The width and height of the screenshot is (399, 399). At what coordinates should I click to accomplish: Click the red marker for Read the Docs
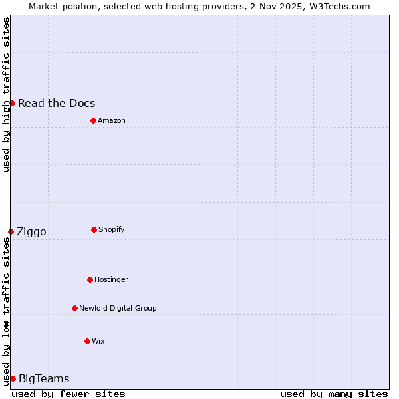pyautogui.click(x=12, y=103)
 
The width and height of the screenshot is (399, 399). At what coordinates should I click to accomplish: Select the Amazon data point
pyautogui.click(x=93, y=120)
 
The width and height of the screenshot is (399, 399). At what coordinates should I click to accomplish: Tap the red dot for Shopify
pyautogui.click(x=94, y=229)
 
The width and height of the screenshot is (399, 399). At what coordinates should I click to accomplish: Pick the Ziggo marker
pyautogui.click(x=11, y=231)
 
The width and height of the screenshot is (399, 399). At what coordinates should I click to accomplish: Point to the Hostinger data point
pyautogui.click(x=90, y=279)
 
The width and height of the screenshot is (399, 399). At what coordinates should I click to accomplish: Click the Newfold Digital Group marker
pyautogui.click(x=74, y=308)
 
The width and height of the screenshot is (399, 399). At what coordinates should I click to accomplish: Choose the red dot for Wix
pyautogui.click(x=87, y=341)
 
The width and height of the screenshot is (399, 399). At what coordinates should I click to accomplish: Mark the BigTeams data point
pyautogui.click(x=13, y=378)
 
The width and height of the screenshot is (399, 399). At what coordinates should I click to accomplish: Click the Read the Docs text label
pyautogui.click(x=57, y=103)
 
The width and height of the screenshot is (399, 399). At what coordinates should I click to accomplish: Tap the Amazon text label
pyautogui.click(x=112, y=120)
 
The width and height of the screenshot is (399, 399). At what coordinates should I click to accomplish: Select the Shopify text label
pyautogui.click(x=112, y=229)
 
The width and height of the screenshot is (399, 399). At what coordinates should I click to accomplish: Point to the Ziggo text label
pyautogui.click(x=31, y=231)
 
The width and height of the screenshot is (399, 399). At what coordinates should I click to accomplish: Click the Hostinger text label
pyautogui.click(x=111, y=279)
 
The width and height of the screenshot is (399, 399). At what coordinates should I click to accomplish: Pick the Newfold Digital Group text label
pyautogui.click(x=118, y=308)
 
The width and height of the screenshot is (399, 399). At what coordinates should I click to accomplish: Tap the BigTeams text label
pyautogui.click(x=44, y=378)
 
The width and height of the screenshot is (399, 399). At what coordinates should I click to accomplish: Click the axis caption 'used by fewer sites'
pyautogui.click(x=68, y=394)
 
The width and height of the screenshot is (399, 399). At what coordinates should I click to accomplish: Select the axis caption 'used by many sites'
pyautogui.click(x=334, y=394)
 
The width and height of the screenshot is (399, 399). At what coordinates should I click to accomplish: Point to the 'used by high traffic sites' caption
pyautogui.click(x=6, y=94)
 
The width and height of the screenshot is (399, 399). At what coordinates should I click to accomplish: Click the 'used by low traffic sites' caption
pyautogui.click(x=6, y=311)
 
